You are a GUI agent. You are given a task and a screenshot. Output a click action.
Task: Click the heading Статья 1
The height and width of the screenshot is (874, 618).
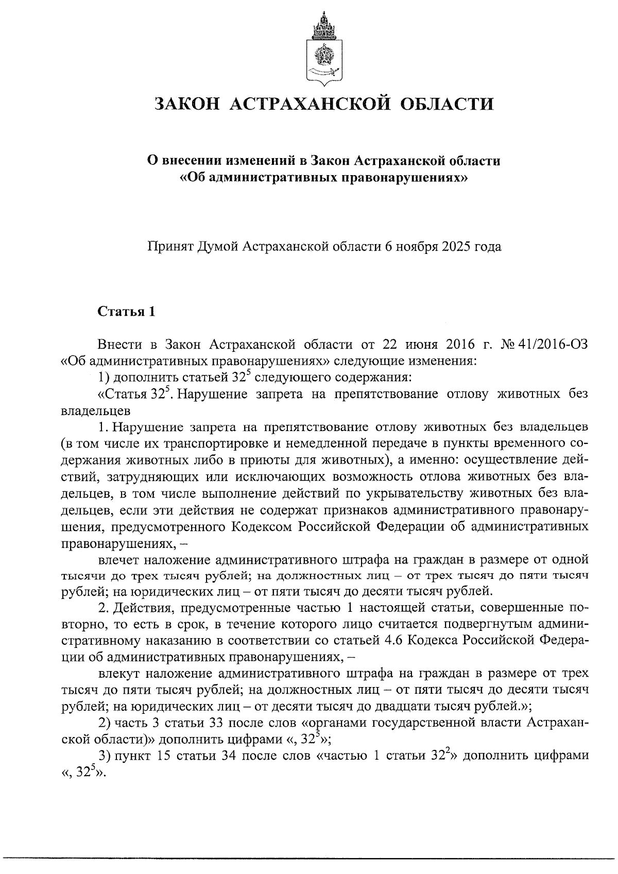[126, 312]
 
